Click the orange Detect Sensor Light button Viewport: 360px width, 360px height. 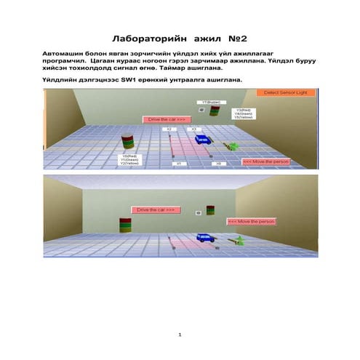pos(286,93)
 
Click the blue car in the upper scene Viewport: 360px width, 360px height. pos(201,139)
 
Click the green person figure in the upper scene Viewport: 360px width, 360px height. pos(234,146)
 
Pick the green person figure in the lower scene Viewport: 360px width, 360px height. pos(236,239)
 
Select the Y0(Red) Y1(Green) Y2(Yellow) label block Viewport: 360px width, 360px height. pos(131,160)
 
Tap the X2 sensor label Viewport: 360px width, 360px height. pos(169,129)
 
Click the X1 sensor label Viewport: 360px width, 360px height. pos(177,164)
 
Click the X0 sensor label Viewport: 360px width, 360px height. pos(217,164)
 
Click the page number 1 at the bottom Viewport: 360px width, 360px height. pos(180,335)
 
